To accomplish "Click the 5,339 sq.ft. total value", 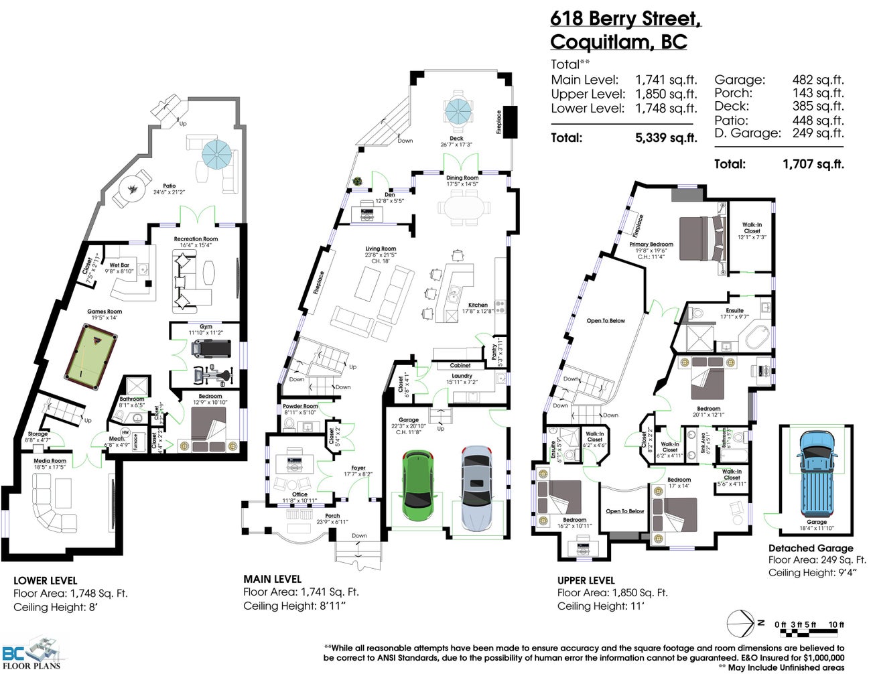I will [x=666, y=138].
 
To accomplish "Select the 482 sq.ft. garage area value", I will [x=818, y=80].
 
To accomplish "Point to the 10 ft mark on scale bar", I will [x=835, y=624].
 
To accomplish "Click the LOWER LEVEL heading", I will [x=46, y=581].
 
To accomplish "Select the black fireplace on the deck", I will [x=511, y=122].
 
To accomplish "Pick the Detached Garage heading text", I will [x=811, y=548].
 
